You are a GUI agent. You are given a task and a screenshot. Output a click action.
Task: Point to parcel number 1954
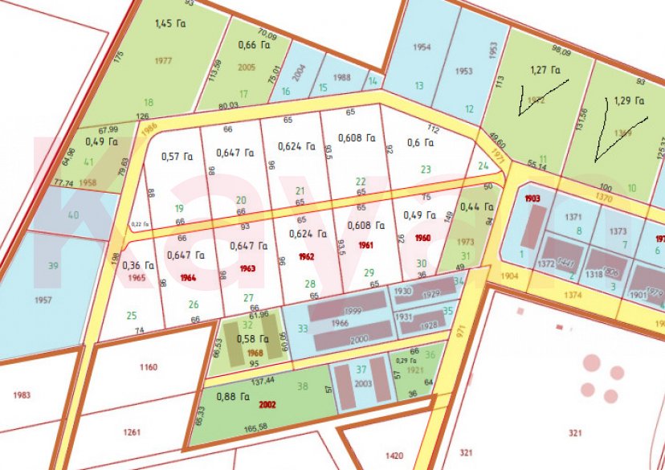pyautogui.click(x=422, y=47)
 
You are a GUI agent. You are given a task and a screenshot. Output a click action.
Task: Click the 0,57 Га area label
pyautogui.click(x=175, y=156)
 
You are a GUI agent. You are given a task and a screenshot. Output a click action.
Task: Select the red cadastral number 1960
pyautogui.click(x=423, y=239)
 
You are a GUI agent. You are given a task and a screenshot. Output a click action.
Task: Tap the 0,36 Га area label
pyautogui.click(x=137, y=265)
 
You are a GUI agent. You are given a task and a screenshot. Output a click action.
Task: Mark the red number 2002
pyautogui.click(x=267, y=405)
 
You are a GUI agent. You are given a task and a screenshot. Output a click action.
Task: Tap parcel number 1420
pyautogui.click(x=394, y=456)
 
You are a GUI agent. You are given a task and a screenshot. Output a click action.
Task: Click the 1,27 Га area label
pyautogui.click(x=545, y=80)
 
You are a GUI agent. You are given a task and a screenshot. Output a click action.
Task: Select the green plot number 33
pyautogui.click(x=302, y=328)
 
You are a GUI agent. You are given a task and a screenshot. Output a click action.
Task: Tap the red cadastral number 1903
pyautogui.click(x=532, y=198)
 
